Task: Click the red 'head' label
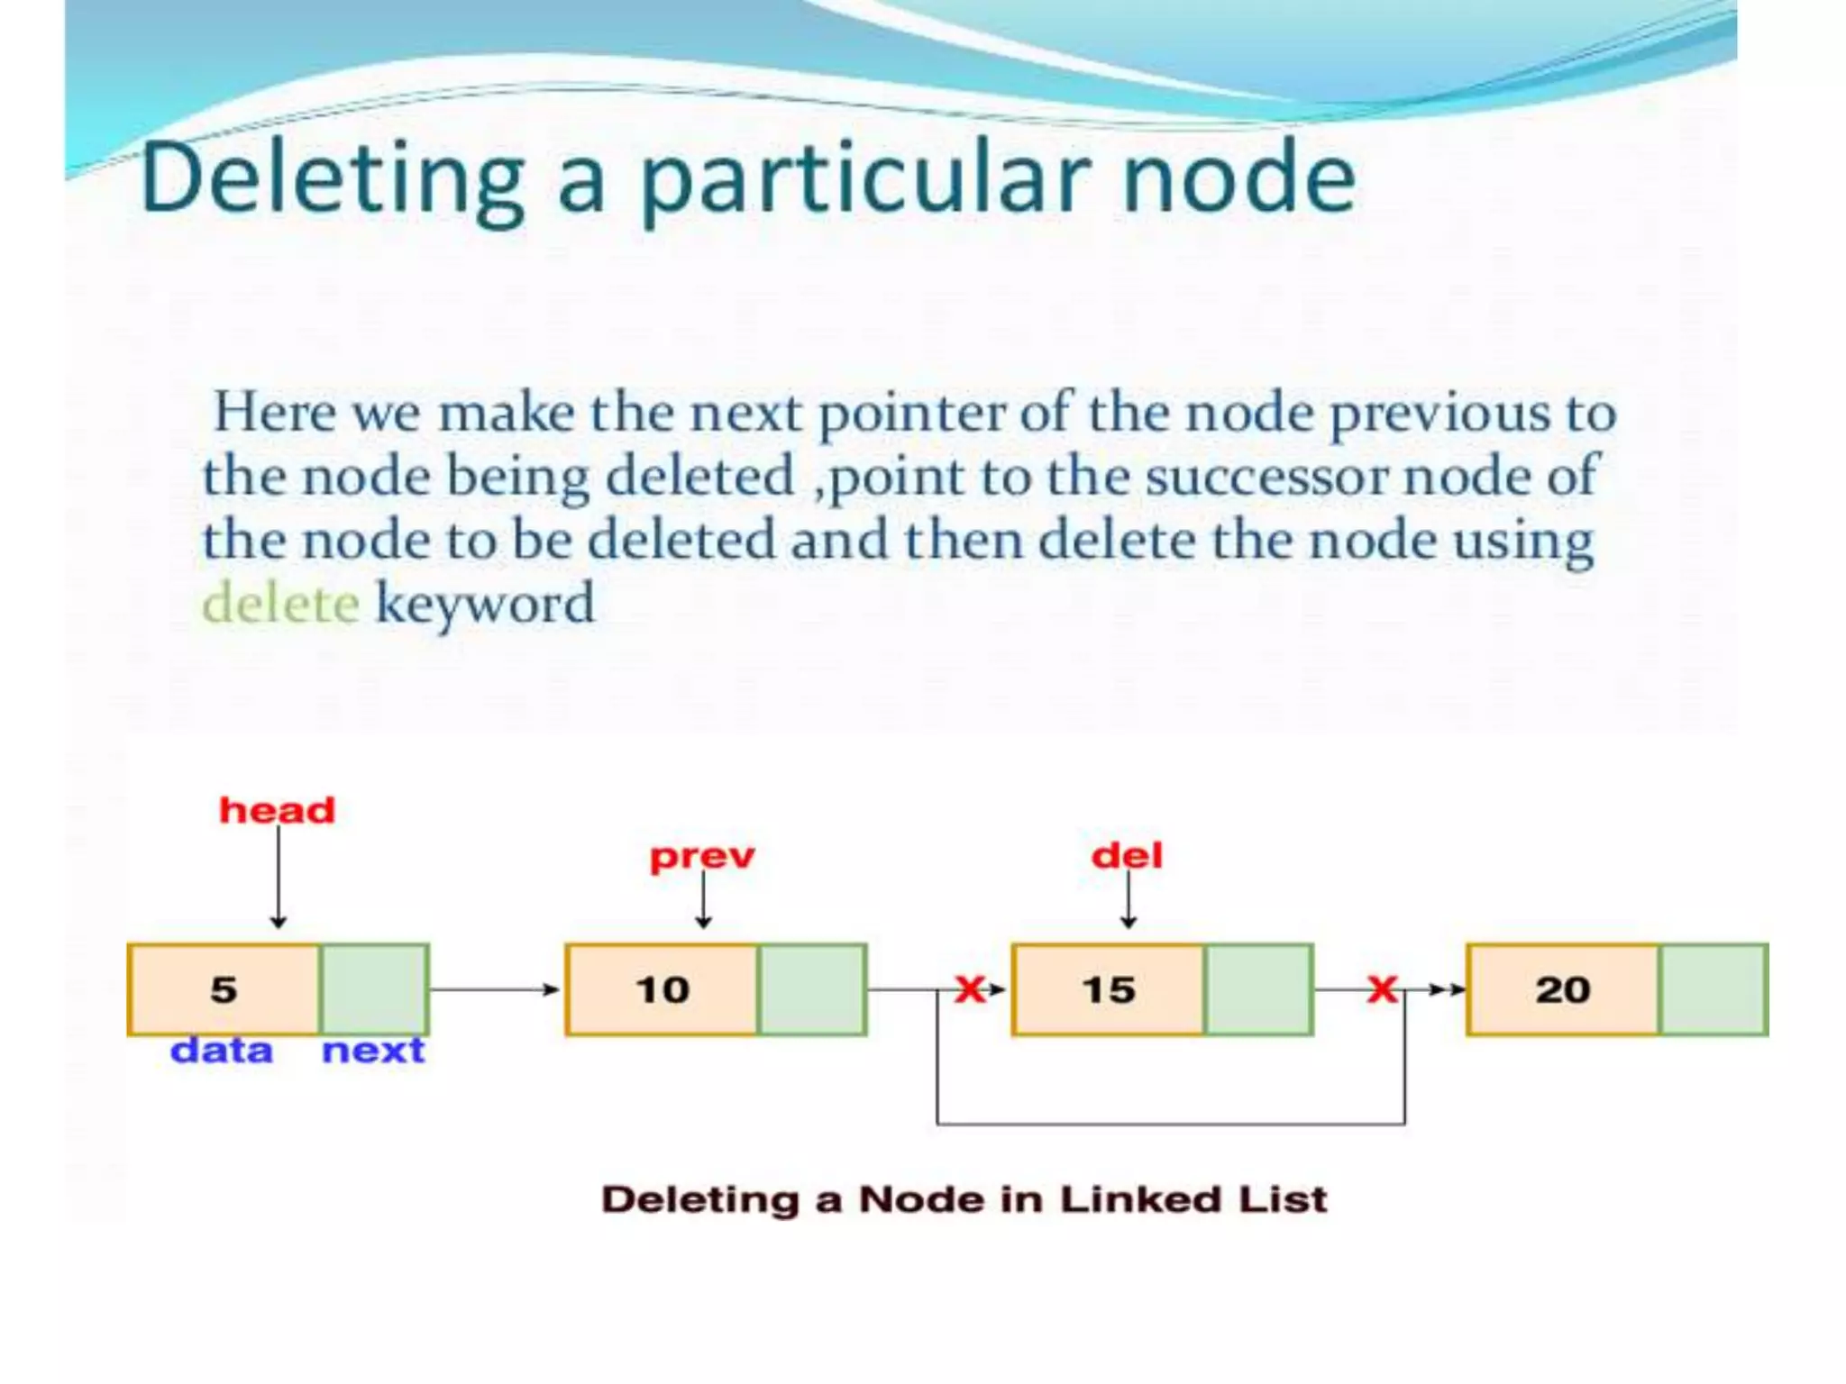click(x=277, y=810)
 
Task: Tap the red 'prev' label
click(x=702, y=856)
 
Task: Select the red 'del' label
click(x=1127, y=854)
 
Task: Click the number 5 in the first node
click(x=224, y=989)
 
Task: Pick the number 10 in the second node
click(x=663, y=989)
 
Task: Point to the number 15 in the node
click(x=1109, y=989)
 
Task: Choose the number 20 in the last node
click(x=1563, y=989)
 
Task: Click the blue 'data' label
click(x=222, y=1051)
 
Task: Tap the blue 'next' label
click(x=373, y=1051)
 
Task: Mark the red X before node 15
click(x=970, y=989)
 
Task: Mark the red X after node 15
click(x=1382, y=989)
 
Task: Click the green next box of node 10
click(x=812, y=989)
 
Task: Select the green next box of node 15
click(x=1258, y=989)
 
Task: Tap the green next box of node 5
click(x=374, y=989)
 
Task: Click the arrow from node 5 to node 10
click(x=494, y=989)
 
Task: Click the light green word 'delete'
click(x=281, y=603)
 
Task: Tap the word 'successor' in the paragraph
click(x=1266, y=476)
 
